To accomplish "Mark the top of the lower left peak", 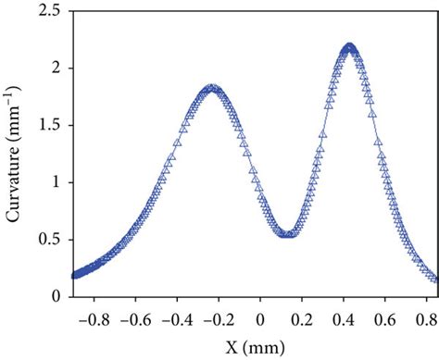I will pos(213,89).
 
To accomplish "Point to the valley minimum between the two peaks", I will pos(288,234).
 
